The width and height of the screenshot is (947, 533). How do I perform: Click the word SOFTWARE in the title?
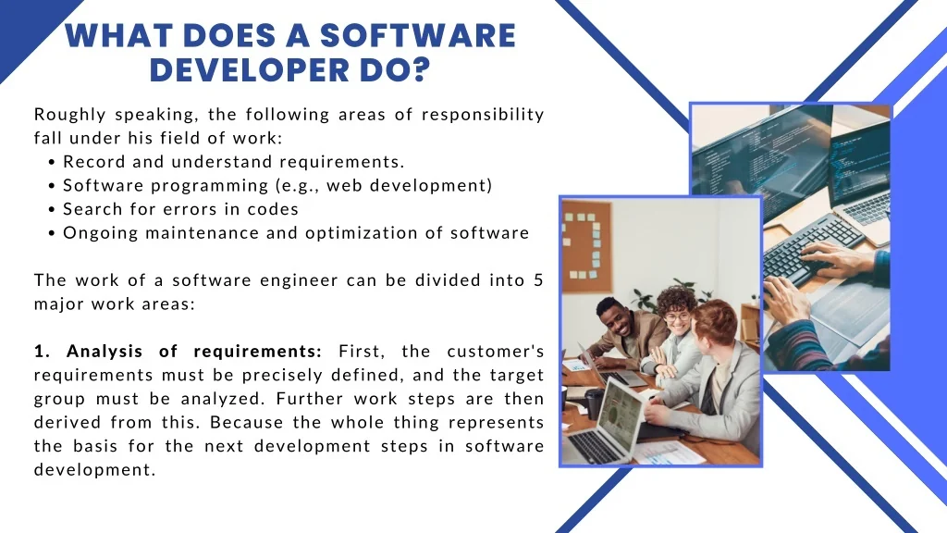point(417,35)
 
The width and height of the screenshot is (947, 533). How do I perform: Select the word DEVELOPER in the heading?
point(250,70)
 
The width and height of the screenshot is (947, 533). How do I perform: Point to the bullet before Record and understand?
point(52,163)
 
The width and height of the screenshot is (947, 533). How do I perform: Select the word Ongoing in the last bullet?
point(100,233)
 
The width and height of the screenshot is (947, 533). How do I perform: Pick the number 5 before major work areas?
point(539,280)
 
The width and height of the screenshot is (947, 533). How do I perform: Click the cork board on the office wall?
point(586,246)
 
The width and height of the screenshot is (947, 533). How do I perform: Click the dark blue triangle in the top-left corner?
point(27,27)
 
